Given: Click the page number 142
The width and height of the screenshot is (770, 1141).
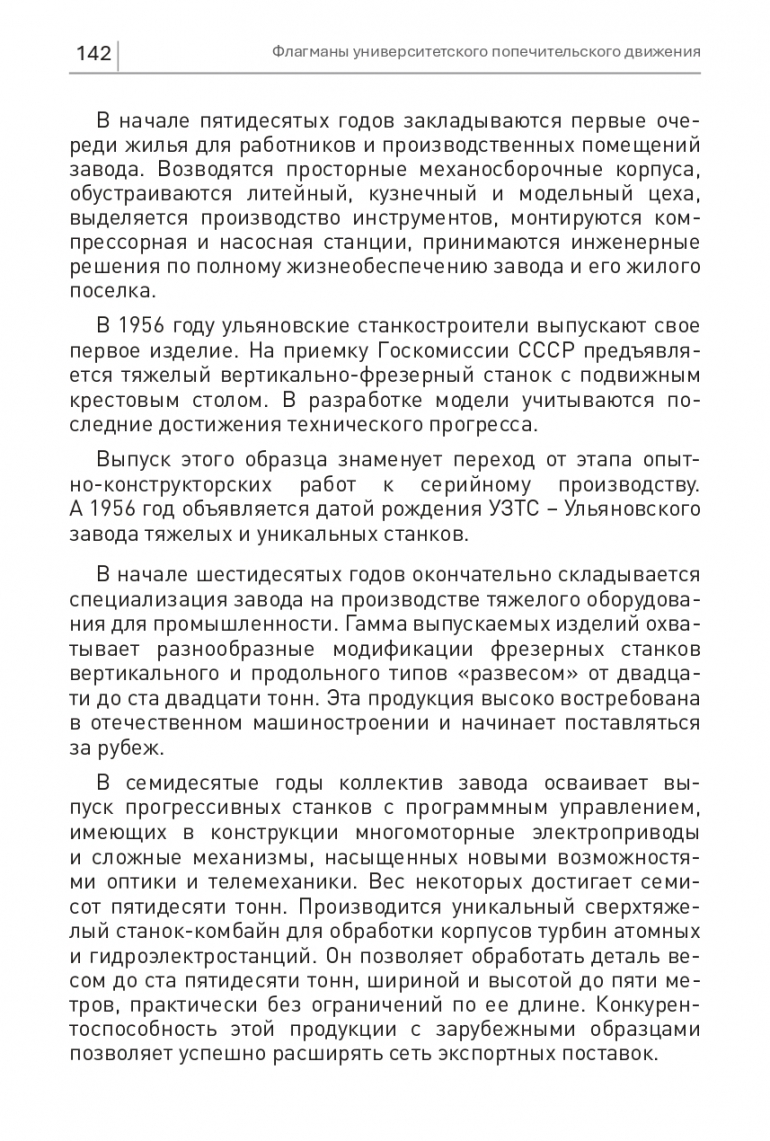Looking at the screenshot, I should point(92,53).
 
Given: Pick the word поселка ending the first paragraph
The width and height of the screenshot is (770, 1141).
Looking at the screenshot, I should point(109,292).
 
